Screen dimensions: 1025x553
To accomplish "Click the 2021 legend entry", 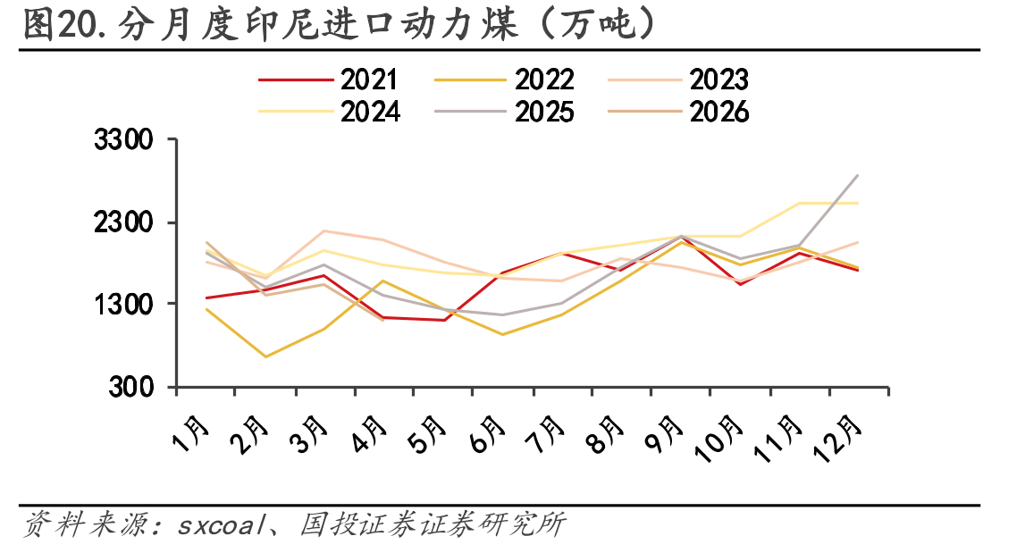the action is pos(328,80).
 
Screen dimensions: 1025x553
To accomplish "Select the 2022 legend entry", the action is pos(504,80).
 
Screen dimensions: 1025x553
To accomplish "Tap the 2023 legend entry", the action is pos(678,80).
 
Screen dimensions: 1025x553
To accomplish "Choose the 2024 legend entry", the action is pos(329,112).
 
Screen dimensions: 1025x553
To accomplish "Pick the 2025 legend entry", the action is pos(504,112).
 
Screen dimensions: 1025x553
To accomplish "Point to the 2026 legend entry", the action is pos(678,112).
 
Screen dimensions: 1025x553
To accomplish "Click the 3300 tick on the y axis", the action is pos(123,140).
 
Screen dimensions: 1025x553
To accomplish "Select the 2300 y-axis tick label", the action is pos(123,223).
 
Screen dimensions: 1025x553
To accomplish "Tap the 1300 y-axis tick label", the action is pos(123,305).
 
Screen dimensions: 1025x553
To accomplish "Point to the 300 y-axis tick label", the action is pos(130,387).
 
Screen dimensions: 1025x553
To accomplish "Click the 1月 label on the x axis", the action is pos(191,434).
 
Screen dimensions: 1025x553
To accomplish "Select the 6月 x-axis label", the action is pos(488,434).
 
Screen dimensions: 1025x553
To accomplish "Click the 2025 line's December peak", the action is pos(858,175).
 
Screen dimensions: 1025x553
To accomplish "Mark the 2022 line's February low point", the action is pos(265,356).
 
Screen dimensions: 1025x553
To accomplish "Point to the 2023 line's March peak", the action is pos(323,230).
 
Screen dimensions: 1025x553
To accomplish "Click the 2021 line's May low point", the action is pos(444,320).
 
